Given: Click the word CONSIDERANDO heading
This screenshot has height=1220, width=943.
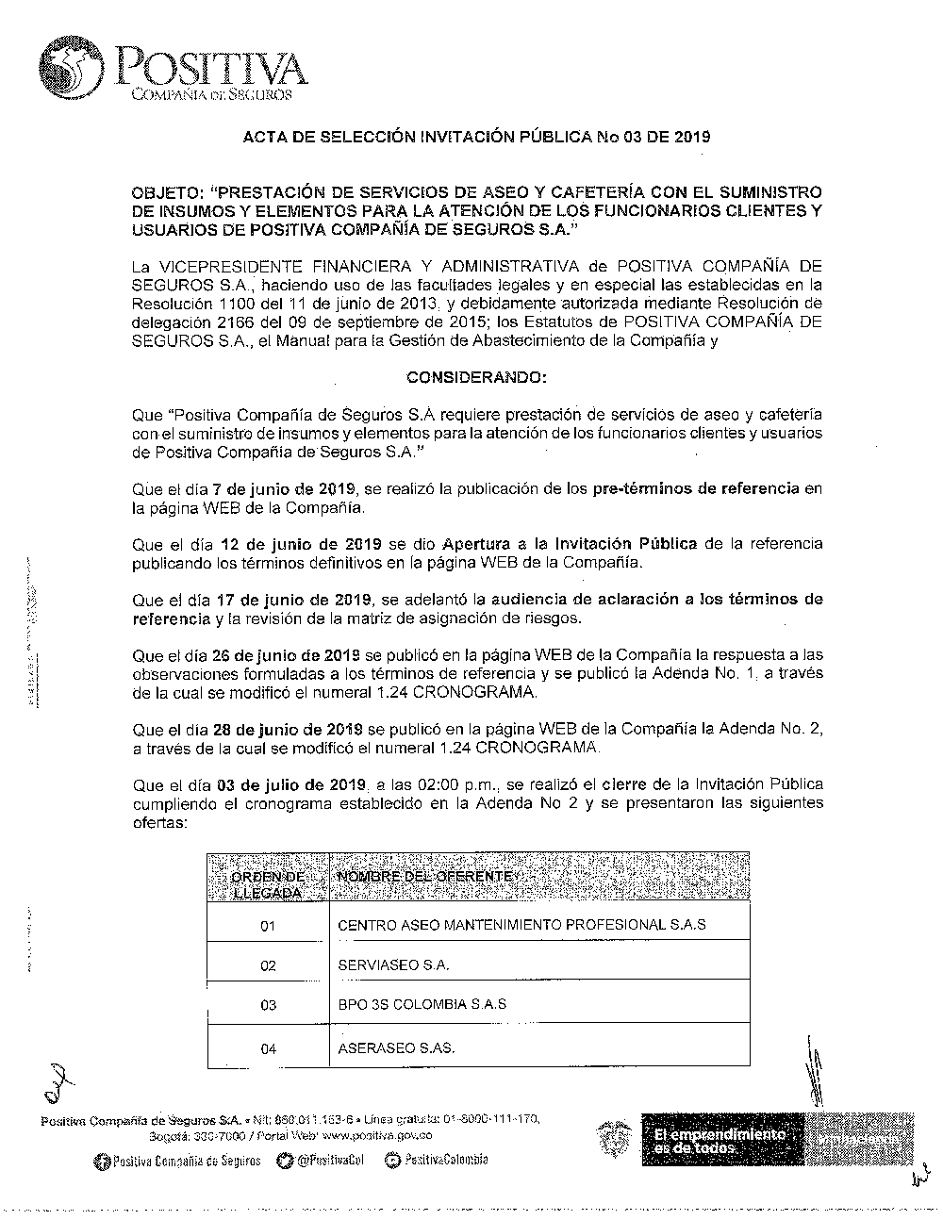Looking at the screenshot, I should click(x=475, y=377).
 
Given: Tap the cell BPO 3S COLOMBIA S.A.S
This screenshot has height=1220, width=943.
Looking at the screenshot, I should click(x=422, y=1004).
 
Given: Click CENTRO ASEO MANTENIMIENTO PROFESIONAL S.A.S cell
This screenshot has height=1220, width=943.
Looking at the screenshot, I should click(x=521, y=924).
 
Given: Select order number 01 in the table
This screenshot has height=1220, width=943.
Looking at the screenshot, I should click(x=268, y=926).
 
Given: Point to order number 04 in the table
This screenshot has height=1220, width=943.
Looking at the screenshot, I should click(x=268, y=1048).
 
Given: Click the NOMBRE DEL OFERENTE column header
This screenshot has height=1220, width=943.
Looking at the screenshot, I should click(x=427, y=877).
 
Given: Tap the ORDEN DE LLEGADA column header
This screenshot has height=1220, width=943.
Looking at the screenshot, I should click(x=268, y=884).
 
